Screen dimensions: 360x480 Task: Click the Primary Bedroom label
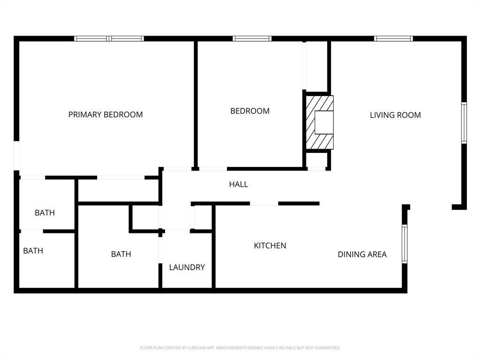coord(105,114)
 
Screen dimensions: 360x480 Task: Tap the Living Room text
coord(395,115)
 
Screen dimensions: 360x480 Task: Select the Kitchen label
coord(270,246)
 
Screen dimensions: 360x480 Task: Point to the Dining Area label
coord(362,255)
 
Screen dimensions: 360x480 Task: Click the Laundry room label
coord(187,267)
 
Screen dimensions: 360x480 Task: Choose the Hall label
coord(238,185)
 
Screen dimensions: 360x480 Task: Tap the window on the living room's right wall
coord(464,122)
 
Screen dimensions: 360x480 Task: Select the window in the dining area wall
coord(405,244)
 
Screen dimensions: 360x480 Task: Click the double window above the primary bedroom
coord(109,38)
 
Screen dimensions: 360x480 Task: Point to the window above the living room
coord(393,38)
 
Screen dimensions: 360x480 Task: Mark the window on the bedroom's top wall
coord(252,38)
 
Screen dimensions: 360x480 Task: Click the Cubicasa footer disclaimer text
coord(240,348)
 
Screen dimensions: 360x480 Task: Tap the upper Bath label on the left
coord(45,213)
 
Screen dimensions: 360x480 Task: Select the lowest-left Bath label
coord(33,251)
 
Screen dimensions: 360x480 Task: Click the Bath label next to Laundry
coord(121,254)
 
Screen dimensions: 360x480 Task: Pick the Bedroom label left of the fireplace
coord(250,111)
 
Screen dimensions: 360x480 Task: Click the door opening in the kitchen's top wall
coord(264,203)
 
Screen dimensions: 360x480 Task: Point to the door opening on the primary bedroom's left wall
coord(16,156)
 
